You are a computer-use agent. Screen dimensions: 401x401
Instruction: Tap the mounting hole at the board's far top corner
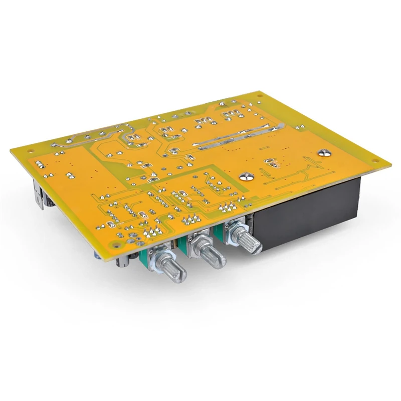(x=259, y=94)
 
